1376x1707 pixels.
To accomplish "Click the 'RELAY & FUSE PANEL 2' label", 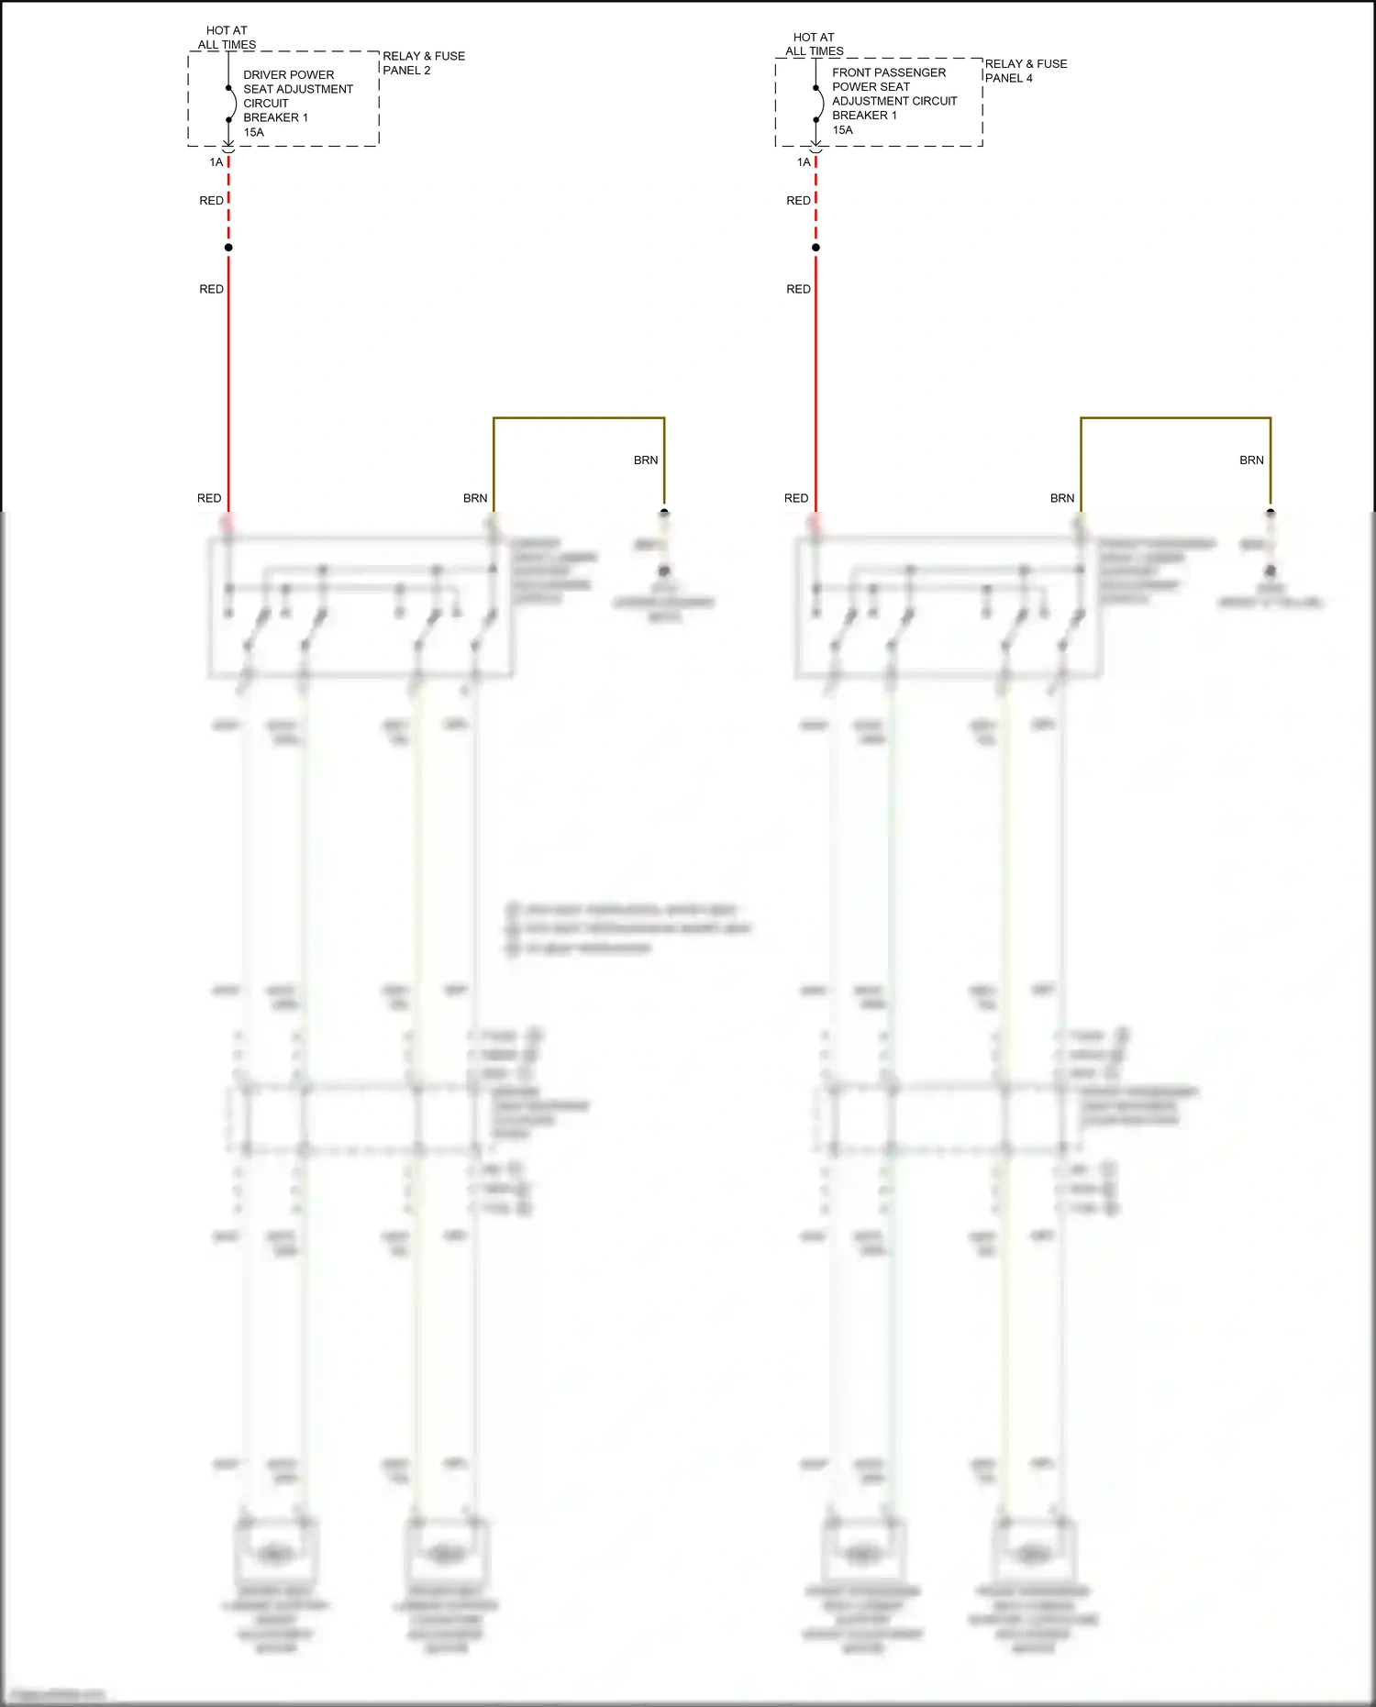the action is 423,63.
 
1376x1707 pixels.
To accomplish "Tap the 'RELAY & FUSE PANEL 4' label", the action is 1026,71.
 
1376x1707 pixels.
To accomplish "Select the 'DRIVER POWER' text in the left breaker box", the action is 288,75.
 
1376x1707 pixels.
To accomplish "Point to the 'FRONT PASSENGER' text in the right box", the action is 888,72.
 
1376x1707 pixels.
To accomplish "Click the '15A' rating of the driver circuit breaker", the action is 253,132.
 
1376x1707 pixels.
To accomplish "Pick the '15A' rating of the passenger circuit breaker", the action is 842,130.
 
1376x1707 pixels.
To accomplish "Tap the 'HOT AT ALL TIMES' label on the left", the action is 227,38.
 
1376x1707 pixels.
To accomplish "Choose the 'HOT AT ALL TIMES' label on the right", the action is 814,44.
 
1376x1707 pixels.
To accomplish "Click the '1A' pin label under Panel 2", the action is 216,162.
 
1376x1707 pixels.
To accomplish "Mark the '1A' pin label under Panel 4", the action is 804,162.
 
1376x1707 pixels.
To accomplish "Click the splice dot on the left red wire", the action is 228,248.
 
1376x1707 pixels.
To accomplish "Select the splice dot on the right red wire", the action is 816,248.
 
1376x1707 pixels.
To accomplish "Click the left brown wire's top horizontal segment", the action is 578,418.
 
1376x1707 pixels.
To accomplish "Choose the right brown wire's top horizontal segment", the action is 1175,418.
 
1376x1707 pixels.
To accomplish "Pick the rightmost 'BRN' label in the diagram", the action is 1251,460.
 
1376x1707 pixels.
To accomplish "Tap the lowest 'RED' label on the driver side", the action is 209,498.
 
